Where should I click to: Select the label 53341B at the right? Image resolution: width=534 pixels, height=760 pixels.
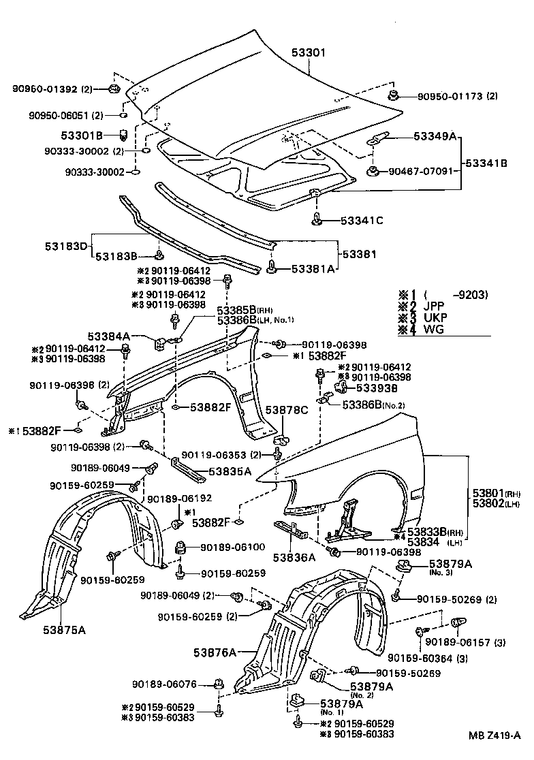tap(486, 163)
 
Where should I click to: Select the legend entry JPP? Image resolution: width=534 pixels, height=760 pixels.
tap(435, 306)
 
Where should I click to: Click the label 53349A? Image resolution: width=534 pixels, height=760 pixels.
tap(435, 136)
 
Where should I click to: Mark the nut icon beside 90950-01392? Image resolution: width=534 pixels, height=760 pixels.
tap(114, 89)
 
